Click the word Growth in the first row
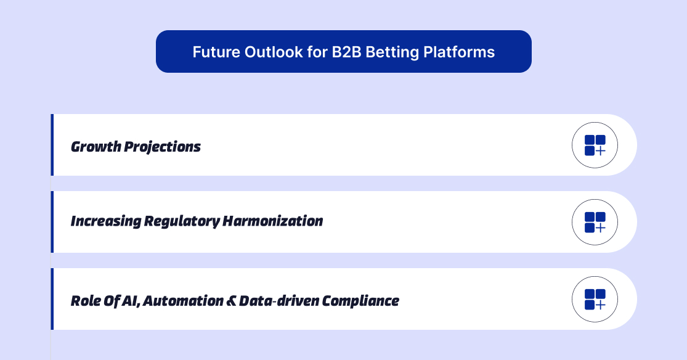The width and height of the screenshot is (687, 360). (96, 147)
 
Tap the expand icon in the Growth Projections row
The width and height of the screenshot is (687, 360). (595, 145)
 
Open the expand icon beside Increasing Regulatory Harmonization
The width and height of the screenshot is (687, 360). (595, 223)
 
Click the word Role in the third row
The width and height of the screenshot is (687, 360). (84, 301)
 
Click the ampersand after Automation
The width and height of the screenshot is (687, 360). (231, 301)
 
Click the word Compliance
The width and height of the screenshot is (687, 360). (361, 301)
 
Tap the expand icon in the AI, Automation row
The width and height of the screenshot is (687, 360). (595, 300)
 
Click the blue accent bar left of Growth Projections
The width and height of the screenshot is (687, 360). (52, 145)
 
